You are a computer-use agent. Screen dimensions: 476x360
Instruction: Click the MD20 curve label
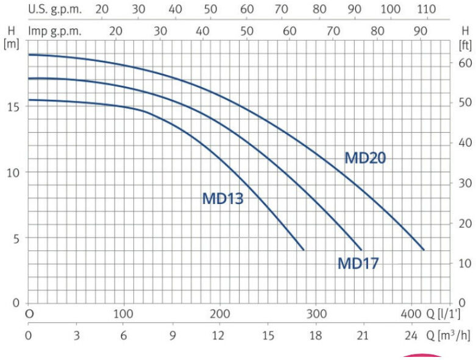pos(365,158)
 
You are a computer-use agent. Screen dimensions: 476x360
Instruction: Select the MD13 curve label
pos(223,199)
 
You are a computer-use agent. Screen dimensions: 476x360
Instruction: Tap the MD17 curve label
pos(358,263)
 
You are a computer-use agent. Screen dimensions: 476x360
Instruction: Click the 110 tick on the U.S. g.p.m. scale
pos(427,9)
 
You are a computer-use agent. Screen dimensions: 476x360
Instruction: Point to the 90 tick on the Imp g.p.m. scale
pos(420,31)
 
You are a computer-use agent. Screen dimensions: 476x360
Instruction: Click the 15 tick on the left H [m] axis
pos(13,107)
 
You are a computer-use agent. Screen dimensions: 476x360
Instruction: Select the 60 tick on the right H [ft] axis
pos(465,63)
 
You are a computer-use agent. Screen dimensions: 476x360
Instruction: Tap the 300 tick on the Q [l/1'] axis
pos(317,314)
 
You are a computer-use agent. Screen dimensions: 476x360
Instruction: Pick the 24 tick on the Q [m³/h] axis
pos(411,336)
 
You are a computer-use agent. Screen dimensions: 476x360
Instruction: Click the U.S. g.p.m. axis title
pos(55,9)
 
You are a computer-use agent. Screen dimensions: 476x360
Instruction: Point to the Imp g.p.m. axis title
pos(55,31)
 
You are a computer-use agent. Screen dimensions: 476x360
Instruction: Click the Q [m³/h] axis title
pos(449,335)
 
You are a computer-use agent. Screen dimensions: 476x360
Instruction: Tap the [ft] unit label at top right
pos(466,46)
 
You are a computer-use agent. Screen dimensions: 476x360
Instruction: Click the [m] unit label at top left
pos(11,44)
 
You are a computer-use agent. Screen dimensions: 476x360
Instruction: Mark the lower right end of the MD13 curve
pos(304,250)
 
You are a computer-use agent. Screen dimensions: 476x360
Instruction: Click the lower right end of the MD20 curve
pos(424,250)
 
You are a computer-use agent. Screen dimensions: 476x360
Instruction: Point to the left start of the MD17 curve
pos(29,79)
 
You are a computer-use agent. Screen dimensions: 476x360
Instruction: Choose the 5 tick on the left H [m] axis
pos(16,239)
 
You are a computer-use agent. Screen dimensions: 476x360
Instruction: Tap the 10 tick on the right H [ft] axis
pos(465,263)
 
